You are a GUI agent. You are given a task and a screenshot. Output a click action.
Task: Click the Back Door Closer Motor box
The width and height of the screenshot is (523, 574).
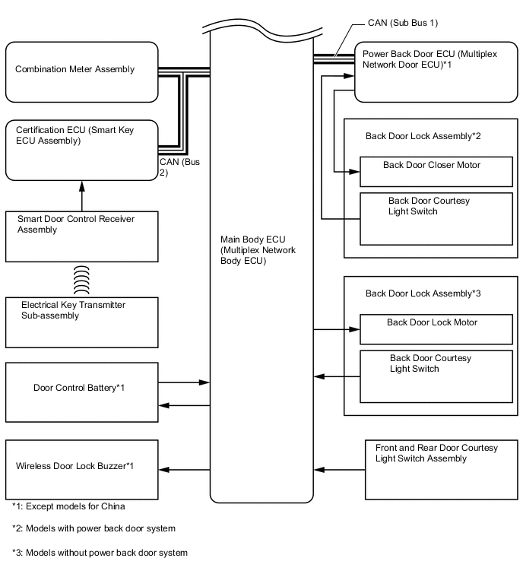pyautogui.click(x=436, y=172)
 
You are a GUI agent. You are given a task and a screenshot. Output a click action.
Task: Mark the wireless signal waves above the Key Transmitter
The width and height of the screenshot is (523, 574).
pyautogui.click(x=81, y=279)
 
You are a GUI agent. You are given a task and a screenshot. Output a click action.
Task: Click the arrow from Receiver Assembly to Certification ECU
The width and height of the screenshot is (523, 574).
pyautogui.click(x=81, y=196)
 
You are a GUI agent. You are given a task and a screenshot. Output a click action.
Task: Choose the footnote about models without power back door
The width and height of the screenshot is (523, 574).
pyautogui.click(x=100, y=553)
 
